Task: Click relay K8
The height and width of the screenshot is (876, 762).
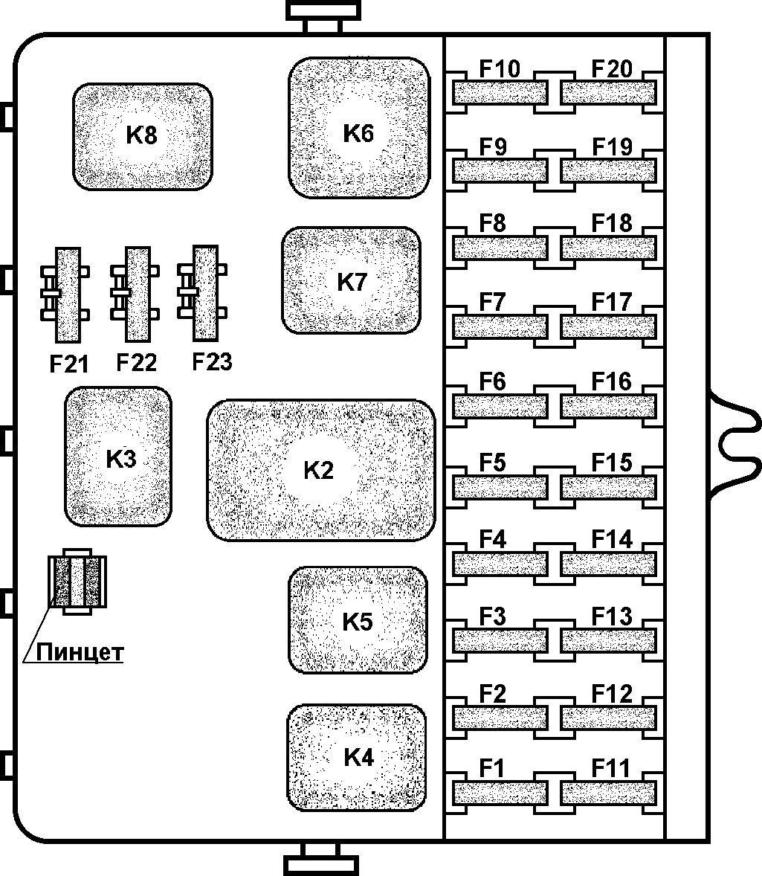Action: [x=142, y=136]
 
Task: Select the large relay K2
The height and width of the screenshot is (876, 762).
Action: [x=320, y=470]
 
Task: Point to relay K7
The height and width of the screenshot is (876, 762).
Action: [x=351, y=281]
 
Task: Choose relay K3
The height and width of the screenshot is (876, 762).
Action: [x=118, y=457]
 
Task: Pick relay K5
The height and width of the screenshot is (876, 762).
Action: [x=358, y=620]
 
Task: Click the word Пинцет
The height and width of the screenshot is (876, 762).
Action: [x=80, y=652]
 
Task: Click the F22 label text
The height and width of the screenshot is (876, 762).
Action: [x=137, y=363]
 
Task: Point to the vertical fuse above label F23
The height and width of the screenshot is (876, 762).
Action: [x=204, y=292]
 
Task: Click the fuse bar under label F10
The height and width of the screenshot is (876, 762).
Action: [x=500, y=93]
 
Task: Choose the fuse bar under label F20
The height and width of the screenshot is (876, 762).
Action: [x=609, y=93]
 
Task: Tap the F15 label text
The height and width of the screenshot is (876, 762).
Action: [x=612, y=463]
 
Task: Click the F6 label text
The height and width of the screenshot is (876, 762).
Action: [x=492, y=382]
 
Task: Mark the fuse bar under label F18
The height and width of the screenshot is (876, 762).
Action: [x=609, y=248]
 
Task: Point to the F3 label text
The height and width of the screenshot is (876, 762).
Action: [x=492, y=617]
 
